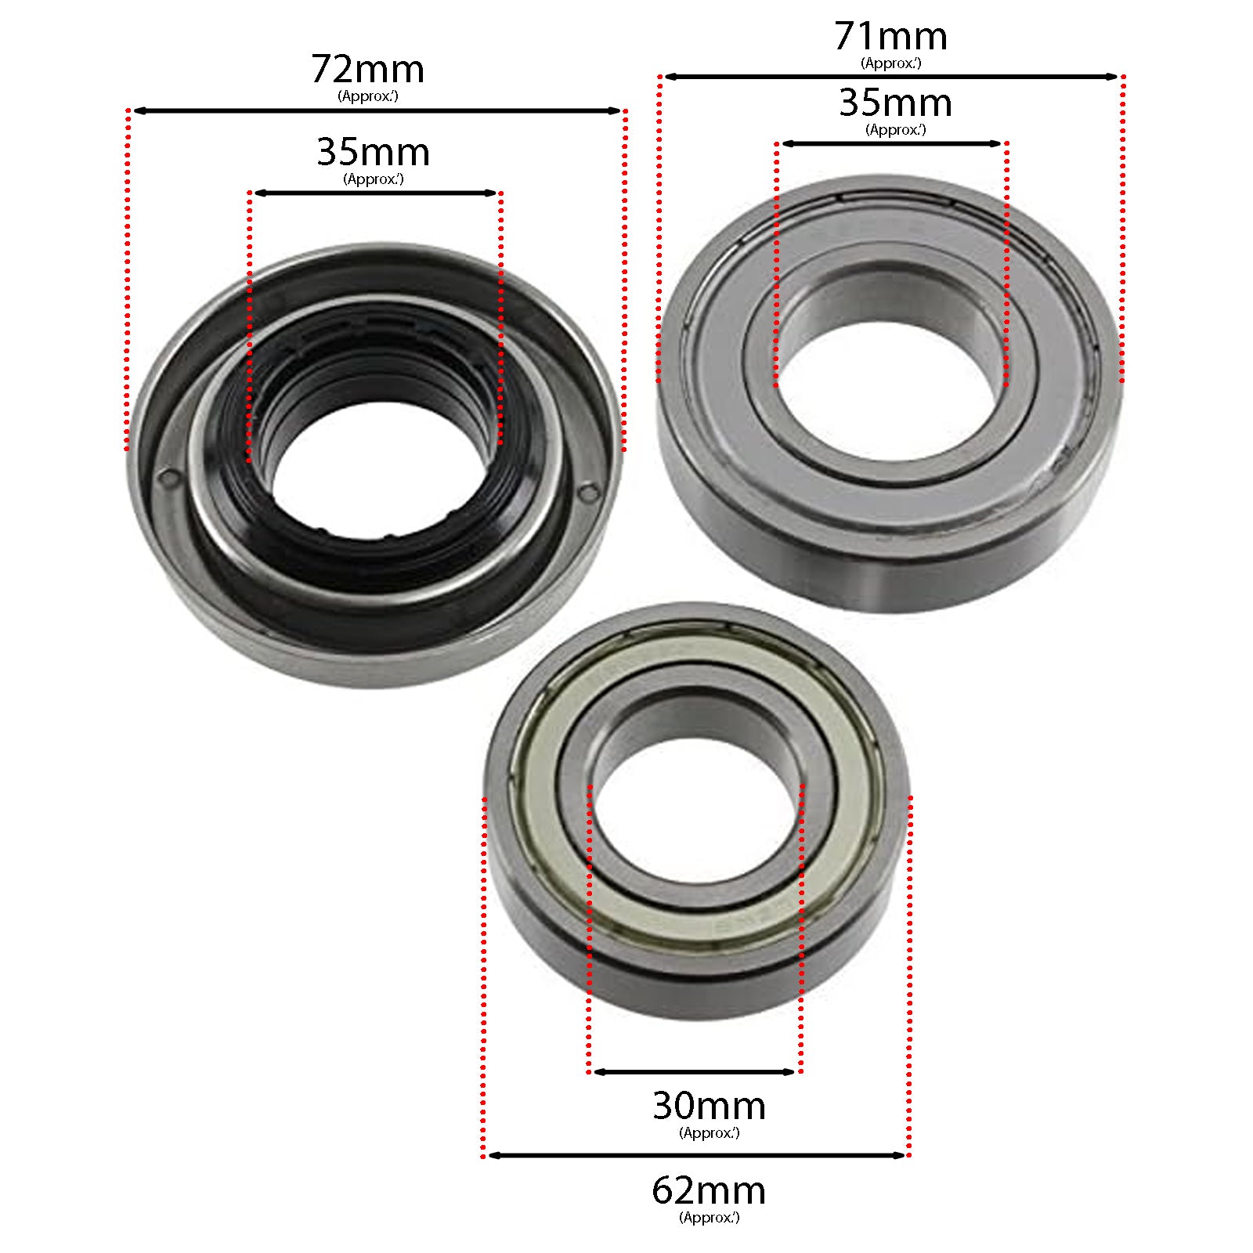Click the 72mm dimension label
click(x=367, y=70)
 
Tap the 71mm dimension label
click(x=890, y=37)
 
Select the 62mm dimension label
click(x=708, y=1191)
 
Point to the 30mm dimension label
click(x=708, y=1107)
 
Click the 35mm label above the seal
click(x=373, y=153)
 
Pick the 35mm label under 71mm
click(x=895, y=103)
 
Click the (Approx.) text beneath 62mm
click(x=709, y=1218)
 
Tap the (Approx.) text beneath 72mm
click(x=368, y=96)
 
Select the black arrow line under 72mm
click(x=376, y=111)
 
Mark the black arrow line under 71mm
click(x=890, y=77)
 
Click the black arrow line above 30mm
click(x=695, y=1072)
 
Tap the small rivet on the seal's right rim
click(x=589, y=492)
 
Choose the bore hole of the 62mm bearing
click(x=696, y=811)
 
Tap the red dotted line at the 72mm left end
click(x=128, y=282)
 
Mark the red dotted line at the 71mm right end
click(x=1122, y=227)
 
